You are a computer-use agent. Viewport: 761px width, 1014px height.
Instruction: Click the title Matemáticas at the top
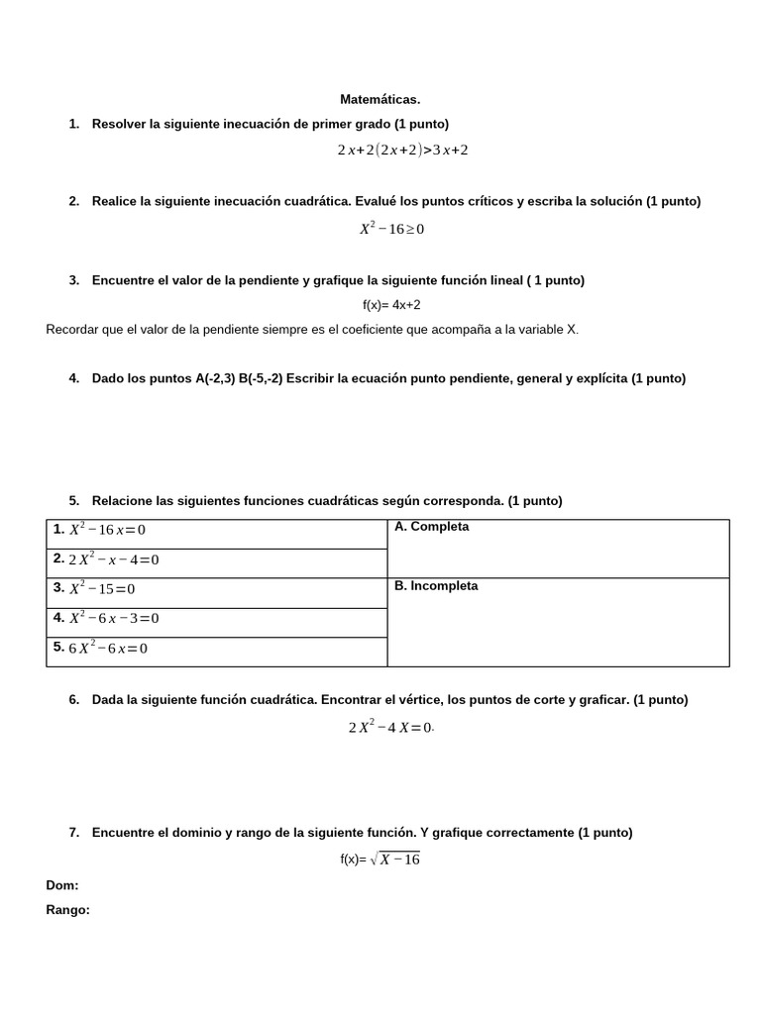[380, 99]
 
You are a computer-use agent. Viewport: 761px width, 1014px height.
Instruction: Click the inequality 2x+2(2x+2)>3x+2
[401, 151]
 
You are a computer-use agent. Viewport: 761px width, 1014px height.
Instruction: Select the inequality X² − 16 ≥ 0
[391, 229]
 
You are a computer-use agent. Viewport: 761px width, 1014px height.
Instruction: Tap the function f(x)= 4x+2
[384, 305]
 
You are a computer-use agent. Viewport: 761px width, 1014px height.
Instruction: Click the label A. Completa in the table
[431, 527]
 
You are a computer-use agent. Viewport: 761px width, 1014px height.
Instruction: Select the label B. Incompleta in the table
[436, 586]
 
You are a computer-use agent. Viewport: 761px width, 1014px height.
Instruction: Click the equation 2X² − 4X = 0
[390, 728]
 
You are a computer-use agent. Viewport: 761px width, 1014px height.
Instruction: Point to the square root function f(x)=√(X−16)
[380, 860]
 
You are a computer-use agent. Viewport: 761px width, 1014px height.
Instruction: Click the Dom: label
[62, 885]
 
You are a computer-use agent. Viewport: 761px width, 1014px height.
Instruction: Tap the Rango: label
[68, 910]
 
